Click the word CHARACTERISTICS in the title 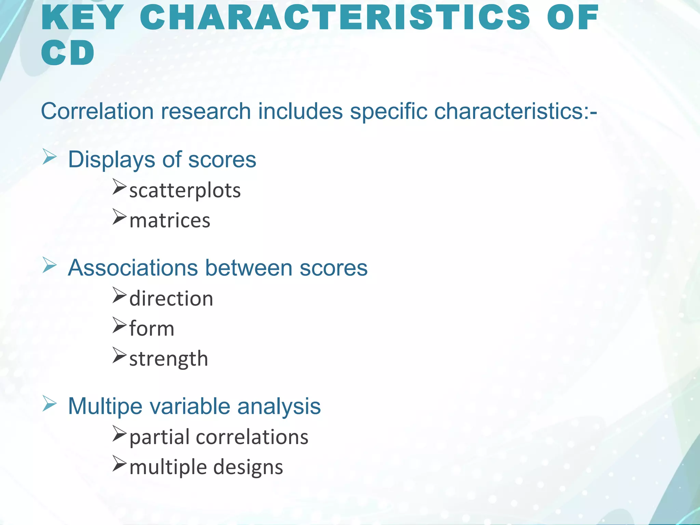pos(335,18)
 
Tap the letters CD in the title pos(67,53)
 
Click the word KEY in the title pos(82,18)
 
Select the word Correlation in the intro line pos(97,111)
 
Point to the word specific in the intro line pos(388,111)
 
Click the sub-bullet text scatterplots pos(185,190)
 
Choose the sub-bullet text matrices pos(170,220)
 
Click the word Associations pos(133,268)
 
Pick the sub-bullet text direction pos(171,298)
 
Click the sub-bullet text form pos(152,328)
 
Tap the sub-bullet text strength pos(169,359)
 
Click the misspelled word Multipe pos(105,406)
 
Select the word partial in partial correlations pos(159,437)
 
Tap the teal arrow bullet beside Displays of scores pos(50,157)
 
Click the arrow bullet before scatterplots pos(119,187)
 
